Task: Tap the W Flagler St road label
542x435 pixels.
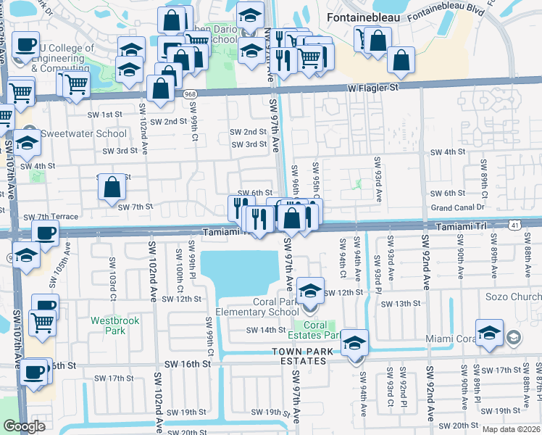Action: [x=373, y=88]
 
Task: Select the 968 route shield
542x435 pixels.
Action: [x=190, y=94]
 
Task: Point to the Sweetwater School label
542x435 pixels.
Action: [x=73, y=134]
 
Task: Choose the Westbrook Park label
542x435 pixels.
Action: [x=108, y=326]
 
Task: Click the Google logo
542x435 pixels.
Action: [x=24, y=426]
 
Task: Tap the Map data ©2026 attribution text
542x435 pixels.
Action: [x=511, y=429]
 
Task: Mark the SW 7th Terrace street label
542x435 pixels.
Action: [x=51, y=217]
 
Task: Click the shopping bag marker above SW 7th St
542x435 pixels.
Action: [x=112, y=188]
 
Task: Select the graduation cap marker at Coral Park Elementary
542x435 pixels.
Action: [x=309, y=291]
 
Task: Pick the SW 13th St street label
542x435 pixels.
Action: [x=401, y=304]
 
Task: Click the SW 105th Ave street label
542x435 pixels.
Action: [x=67, y=257]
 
